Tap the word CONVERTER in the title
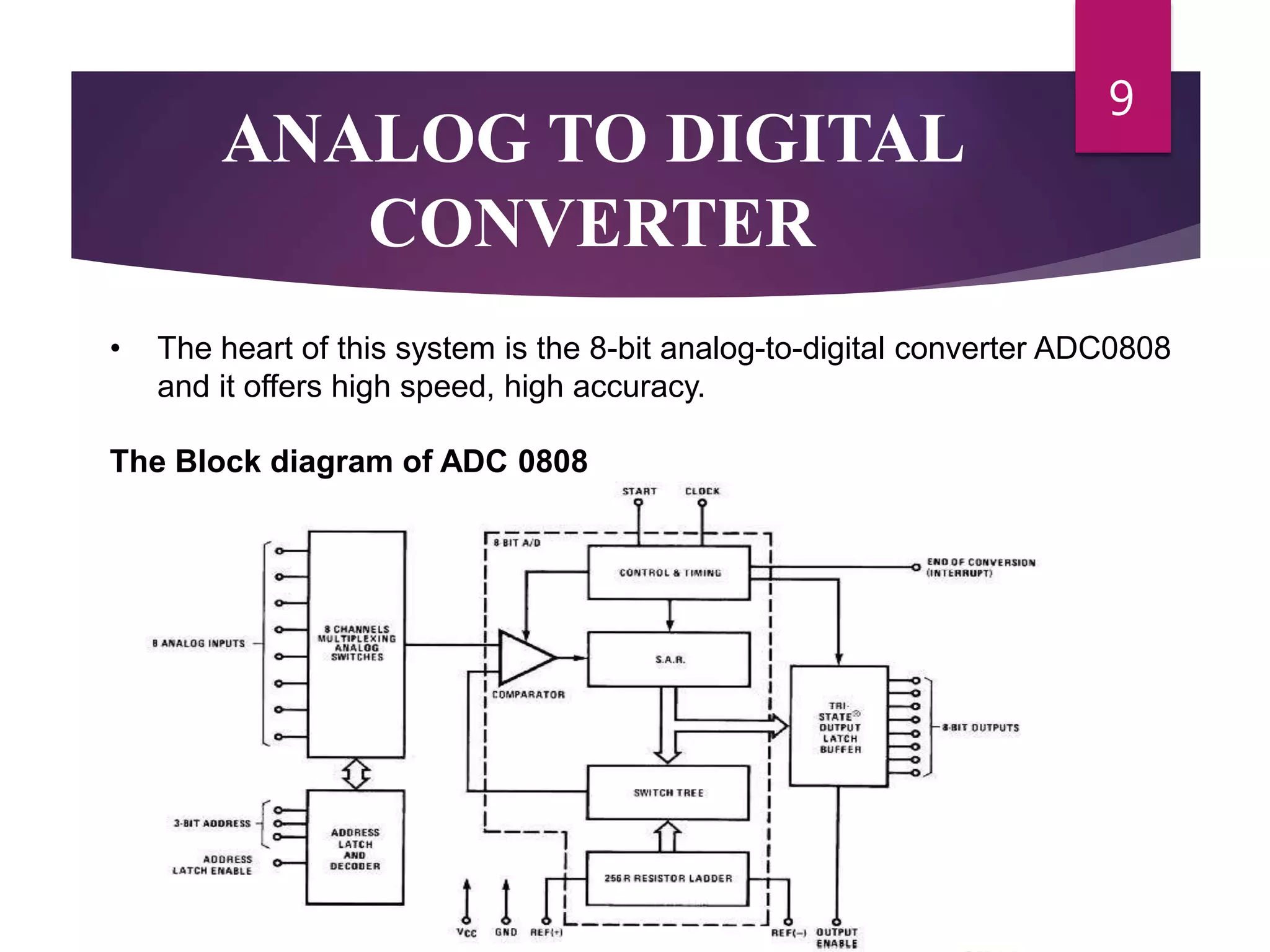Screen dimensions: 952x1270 click(x=592, y=223)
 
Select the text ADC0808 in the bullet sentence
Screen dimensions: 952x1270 click(x=1102, y=348)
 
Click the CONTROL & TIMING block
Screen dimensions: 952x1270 click(x=669, y=573)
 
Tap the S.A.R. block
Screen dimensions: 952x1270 click(x=669, y=659)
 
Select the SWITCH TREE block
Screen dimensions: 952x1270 click(x=668, y=793)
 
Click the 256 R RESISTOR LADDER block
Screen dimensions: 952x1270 click(x=668, y=878)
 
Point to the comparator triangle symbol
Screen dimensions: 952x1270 click(x=525, y=658)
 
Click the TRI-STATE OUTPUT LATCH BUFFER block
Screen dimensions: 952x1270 click(x=839, y=727)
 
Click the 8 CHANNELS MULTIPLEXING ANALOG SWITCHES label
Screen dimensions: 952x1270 click(x=357, y=643)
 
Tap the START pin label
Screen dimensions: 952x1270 click(x=639, y=491)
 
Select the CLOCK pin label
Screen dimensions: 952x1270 click(x=702, y=491)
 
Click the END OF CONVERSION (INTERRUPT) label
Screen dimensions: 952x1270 click(x=980, y=568)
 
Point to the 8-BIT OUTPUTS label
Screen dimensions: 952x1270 click(x=980, y=728)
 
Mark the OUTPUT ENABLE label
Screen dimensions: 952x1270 click(x=837, y=938)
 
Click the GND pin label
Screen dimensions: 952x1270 click(x=506, y=932)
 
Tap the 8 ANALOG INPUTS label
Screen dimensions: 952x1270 click(x=199, y=644)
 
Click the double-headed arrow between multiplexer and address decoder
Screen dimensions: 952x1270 click(x=357, y=774)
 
